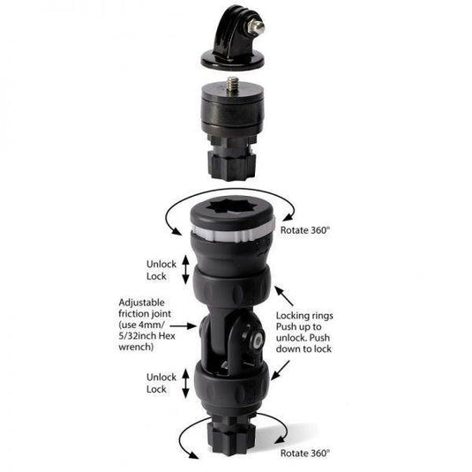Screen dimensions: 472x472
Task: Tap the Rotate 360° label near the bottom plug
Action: (306, 452)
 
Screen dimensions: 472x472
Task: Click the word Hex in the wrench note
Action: (171, 335)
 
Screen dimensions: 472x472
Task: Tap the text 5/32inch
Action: (144, 335)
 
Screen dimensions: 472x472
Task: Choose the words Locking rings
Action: (326, 314)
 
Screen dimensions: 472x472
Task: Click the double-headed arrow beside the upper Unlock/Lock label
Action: (184, 269)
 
